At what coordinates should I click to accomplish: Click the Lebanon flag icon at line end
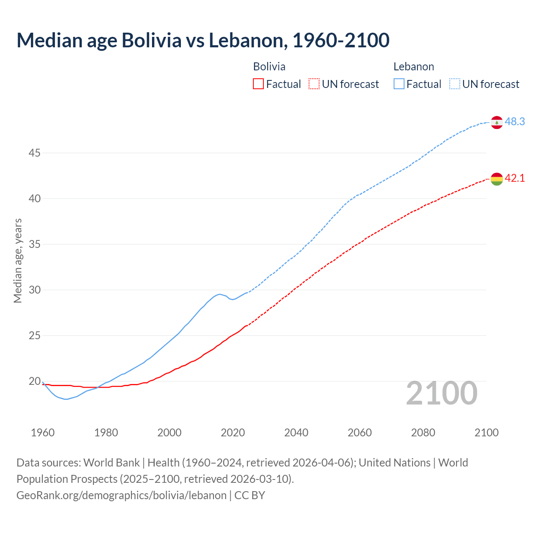click(x=497, y=122)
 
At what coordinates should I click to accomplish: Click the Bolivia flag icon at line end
click(x=497, y=179)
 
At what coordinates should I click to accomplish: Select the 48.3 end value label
click(x=515, y=121)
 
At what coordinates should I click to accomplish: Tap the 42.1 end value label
click(x=515, y=178)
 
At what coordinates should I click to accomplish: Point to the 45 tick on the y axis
click(x=34, y=153)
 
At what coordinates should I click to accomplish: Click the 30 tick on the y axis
click(x=34, y=290)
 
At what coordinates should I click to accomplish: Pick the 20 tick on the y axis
click(x=34, y=381)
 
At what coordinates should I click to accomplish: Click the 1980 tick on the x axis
click(x=106, y=433)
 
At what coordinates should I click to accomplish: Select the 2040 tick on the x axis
click(x=296, y=433)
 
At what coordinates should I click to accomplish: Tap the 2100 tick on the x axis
click(x=486, y=433)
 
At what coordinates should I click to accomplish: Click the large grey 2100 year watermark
click(x=441, y=393)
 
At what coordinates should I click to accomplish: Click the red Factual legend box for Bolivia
click(x=258, y=84)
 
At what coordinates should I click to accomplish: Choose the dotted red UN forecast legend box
click(x=314, y=84)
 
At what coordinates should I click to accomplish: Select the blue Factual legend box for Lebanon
click(x=399, y=84)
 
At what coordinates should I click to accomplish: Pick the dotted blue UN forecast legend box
click(x=454, y=84)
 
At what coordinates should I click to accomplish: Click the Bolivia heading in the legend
click(x=269, y=67)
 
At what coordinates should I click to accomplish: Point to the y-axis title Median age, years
click(x=18, y=260)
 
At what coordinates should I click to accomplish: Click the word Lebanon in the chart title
click(x=248, y=41)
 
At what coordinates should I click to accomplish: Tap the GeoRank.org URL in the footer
click(x=121, y=495)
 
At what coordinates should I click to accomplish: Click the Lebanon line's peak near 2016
click(x=219, y=294)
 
